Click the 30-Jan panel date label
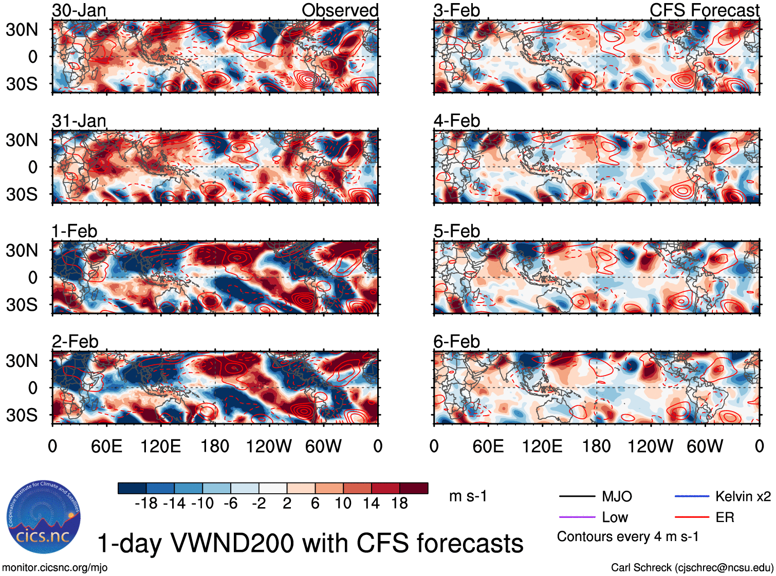click(x=79, y=10)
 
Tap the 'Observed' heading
click(x=340, y=10)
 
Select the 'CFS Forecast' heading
click(x=704, y=10)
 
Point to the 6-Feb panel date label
click(x=456, y=342)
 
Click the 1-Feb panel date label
click(x=75, y=231)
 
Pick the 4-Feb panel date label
click(x=456, y=121)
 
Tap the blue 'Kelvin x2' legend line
click(x=692, y=496)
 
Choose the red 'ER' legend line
click(x=692, y=517)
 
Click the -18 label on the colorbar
click(x=146, y=504)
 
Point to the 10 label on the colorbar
click(x=343, y=504)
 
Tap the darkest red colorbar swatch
click(x=414, y=488)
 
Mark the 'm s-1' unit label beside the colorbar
click(x=468, y=496)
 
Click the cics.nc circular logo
click(x=44, y=517)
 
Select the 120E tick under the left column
click(x=160, y=446)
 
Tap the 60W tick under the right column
click(x=705, y=446)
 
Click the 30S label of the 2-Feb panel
click(x=22, y=415)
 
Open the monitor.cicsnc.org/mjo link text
click(x=55, y=568)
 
